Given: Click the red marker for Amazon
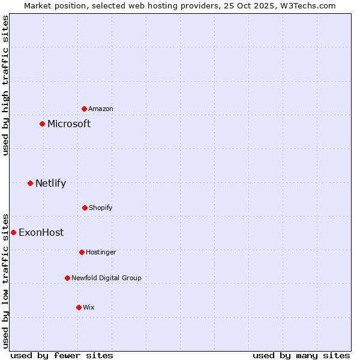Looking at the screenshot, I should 84,109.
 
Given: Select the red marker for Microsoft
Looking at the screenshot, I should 42,124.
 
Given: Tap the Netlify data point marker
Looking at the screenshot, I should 30,183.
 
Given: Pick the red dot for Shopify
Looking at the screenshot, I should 85,208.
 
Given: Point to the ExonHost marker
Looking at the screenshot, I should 13,232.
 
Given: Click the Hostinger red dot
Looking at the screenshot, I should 82,252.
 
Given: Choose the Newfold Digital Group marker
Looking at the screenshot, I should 67,278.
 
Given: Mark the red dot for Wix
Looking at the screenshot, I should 79,307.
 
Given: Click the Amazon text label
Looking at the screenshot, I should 101,109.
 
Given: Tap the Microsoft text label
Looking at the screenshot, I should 69,124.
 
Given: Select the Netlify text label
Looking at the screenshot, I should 50,184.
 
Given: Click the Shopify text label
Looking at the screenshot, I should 101,208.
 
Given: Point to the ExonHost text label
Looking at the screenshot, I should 41,233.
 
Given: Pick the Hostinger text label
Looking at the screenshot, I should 101,252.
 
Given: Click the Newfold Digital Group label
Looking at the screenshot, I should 106,278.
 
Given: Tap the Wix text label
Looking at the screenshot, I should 89,307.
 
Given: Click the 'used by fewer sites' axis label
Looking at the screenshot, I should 62,355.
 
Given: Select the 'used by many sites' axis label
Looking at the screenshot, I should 301,355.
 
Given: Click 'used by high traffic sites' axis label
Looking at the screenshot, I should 5,85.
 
